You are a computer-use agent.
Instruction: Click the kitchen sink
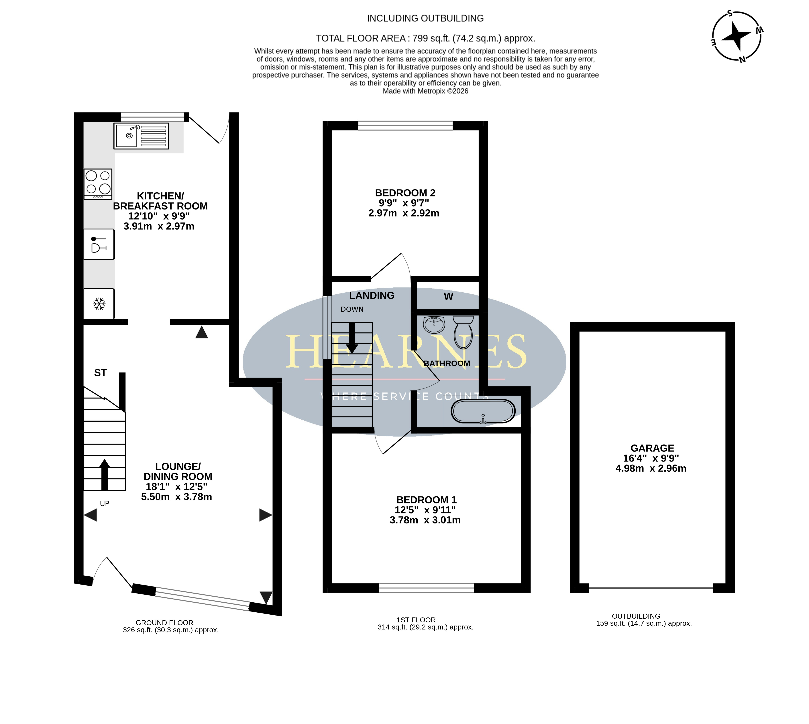[141, 136]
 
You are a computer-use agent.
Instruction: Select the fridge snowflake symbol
[99, 304]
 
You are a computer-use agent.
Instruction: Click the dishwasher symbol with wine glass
[99, 244]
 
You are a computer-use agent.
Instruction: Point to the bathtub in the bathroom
[483, 411]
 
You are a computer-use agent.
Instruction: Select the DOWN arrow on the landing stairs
[352, 338]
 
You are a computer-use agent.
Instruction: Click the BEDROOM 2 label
[405, 193]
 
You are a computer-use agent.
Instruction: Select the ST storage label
[100, 373]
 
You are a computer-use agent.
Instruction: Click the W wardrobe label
[448, 296]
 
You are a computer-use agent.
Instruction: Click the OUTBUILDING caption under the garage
[636, 616]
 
